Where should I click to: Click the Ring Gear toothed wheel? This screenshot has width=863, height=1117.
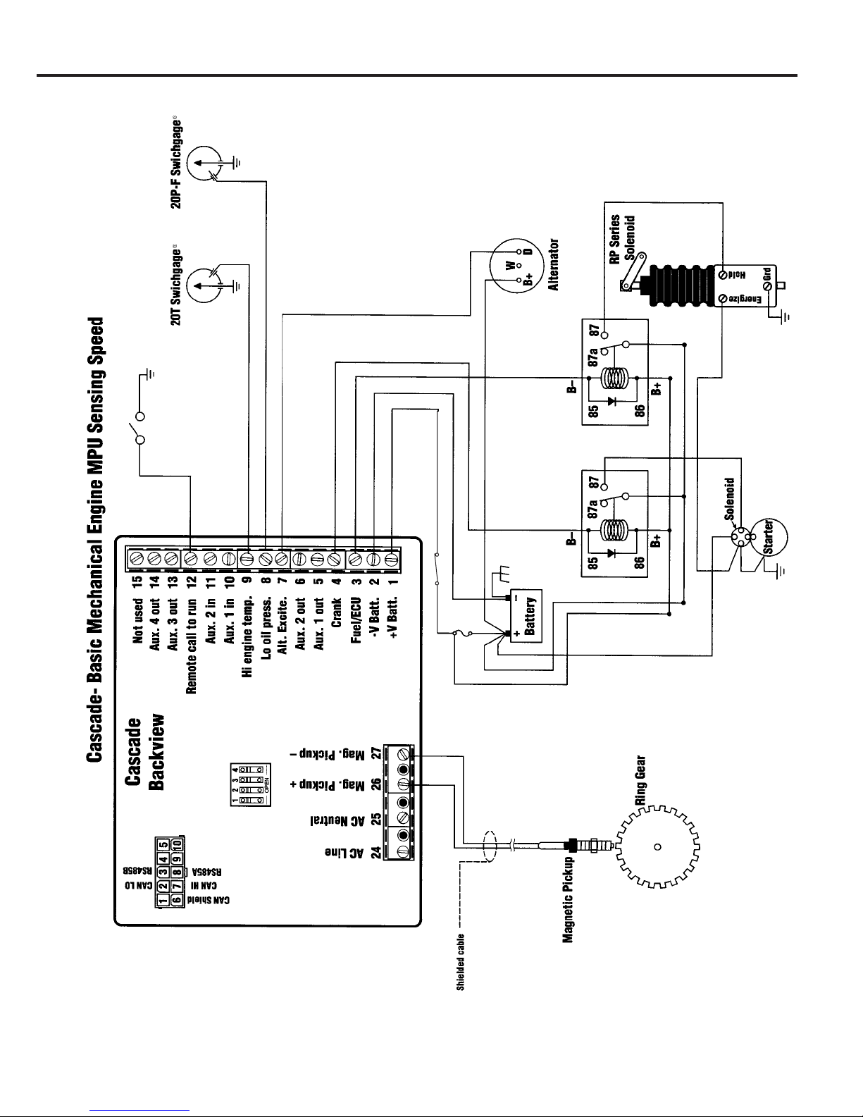[x=657, y=846]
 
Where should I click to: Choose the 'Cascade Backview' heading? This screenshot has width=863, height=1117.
[x=149, y=752]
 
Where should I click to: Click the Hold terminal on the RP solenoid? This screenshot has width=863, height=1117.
[x=723, y=274]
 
